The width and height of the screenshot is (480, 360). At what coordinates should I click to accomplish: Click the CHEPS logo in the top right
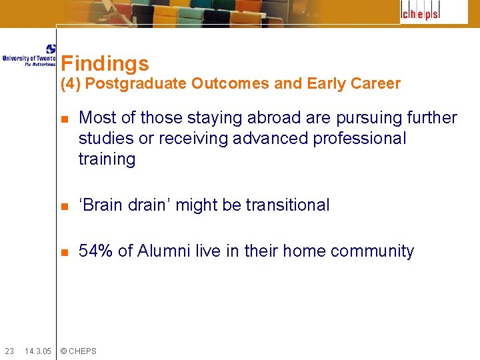434,13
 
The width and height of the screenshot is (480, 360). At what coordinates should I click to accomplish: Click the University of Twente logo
29,55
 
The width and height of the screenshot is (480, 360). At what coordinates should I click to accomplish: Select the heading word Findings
105,64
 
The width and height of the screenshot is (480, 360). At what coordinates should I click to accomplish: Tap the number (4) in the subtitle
71,84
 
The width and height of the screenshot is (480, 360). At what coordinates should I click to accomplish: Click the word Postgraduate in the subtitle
136,84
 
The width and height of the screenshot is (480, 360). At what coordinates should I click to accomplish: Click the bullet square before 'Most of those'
65,119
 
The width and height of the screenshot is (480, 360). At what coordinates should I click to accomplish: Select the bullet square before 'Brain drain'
65,206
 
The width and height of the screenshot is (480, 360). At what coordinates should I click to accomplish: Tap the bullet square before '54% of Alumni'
65,252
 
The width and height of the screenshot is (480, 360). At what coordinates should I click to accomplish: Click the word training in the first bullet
107,159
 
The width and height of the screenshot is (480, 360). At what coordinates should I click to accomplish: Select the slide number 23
9,351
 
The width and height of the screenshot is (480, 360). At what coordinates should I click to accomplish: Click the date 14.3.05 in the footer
37,351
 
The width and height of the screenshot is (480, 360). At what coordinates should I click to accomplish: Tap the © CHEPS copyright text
79,351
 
